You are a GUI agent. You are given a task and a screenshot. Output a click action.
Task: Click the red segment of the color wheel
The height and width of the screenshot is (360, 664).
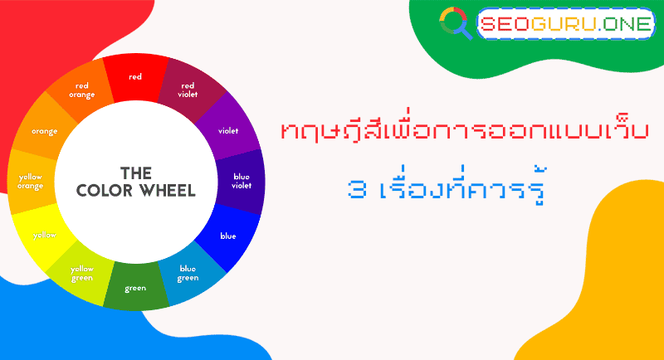click(135, 76)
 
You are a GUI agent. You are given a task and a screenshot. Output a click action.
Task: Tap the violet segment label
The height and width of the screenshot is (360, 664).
click(227, 130)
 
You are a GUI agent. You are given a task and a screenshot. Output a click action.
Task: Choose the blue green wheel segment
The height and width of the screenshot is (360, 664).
click(188, 273)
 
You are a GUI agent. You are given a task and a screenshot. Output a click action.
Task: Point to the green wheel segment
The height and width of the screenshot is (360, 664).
click(135, 288)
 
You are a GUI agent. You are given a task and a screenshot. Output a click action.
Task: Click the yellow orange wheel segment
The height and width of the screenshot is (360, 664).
click(31, 181)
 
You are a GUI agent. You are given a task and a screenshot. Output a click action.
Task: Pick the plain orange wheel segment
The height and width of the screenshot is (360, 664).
click(44, 131)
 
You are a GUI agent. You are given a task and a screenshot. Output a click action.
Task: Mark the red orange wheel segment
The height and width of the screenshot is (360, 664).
click(82, 90)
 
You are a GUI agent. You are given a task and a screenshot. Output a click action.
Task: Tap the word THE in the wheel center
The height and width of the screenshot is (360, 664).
click(135, 173)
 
